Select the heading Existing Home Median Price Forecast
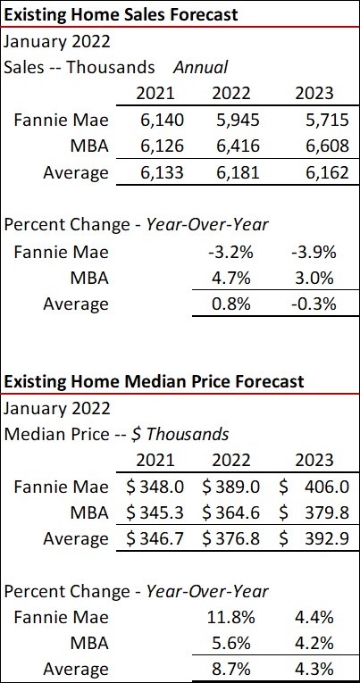tap(154, 381)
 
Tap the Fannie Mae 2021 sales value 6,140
tap(155, 120)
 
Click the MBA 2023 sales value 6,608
tap(312, 146)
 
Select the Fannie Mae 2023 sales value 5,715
tap(312, 120)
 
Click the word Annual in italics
tap(200, 67)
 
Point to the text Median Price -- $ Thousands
tap(116, 435)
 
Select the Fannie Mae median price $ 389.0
tap(231, 487)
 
